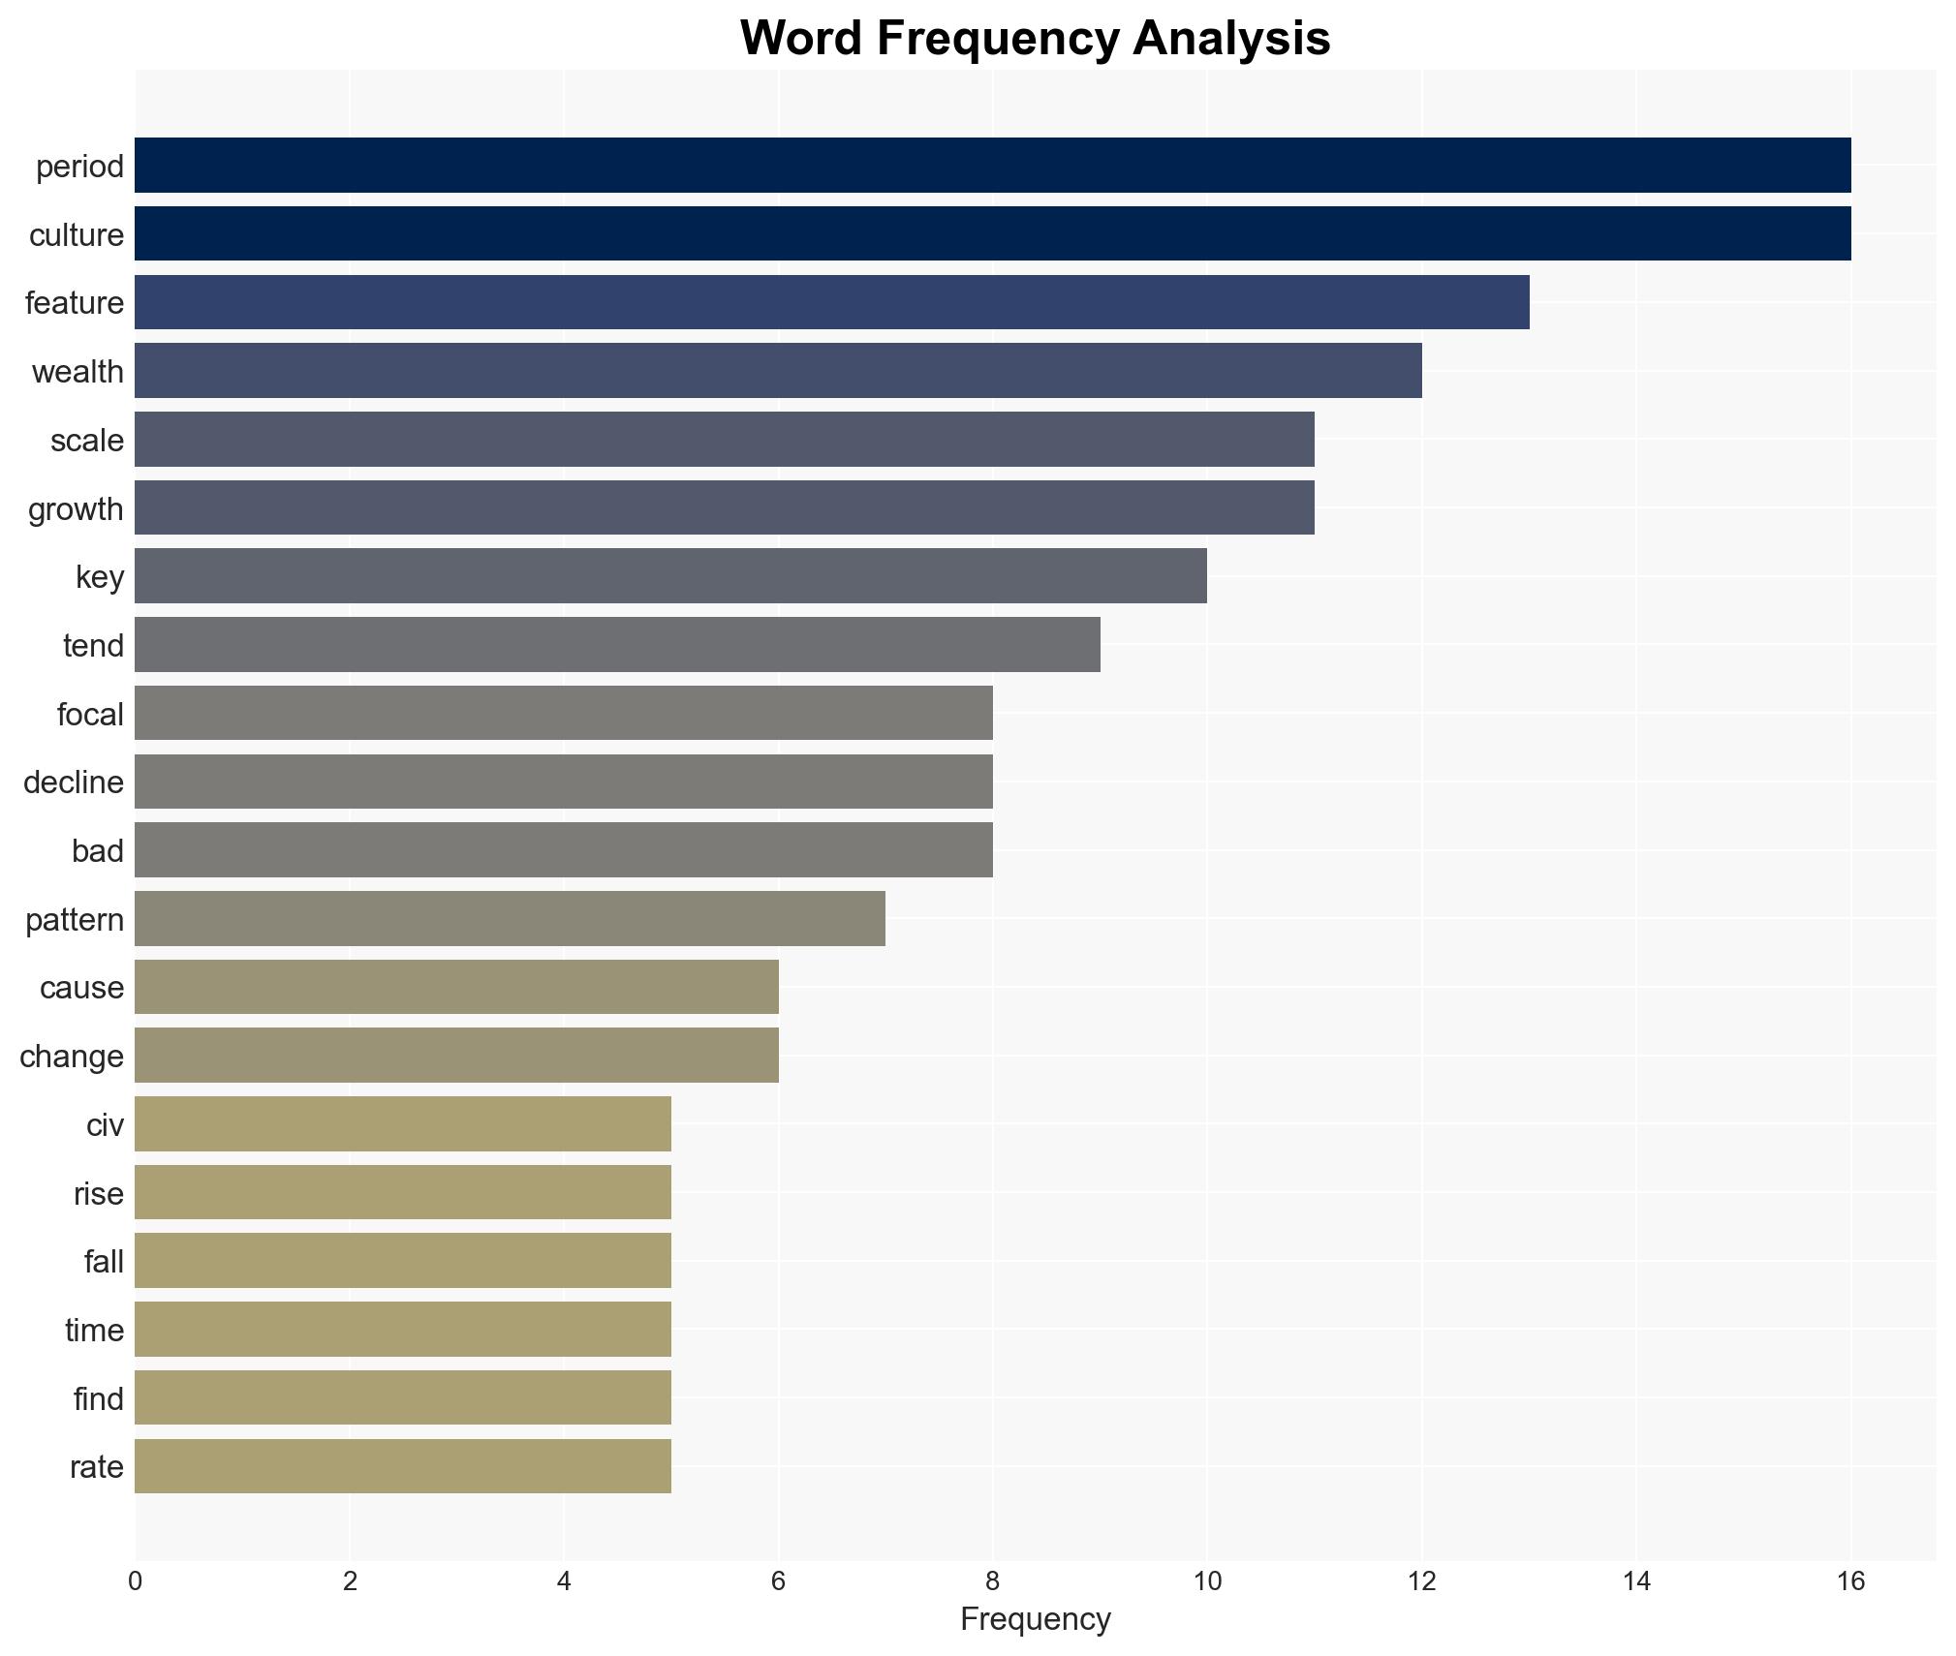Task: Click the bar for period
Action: pyautogui.click(x=992, y=166)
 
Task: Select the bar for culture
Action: pyautogui.click(x=992, y=233)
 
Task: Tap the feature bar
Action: pyautogui.click(x=831, y=302)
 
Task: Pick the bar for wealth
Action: pyautogui.click(x=778, y=371)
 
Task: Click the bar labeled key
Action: pyautogui.click(x=670, y=576)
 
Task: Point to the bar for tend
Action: pyautogui.click(x=617, y=645)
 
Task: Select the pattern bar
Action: pyautogui.click(x=510, y=919)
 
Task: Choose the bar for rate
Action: pyautogui.click(x=402, y=1466)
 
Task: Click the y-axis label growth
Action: pyautogui.click(x=76, y=508)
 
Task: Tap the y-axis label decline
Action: pyautogui.click(x=74, y=782)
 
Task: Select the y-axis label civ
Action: pyautogui.click(x=105, y=1124)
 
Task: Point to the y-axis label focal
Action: pyautogui.click(x=90, y=714)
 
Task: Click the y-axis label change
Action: pyautogui.click(x=72, y=1056)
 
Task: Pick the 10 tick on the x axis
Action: pyautogui.click(x=1206, y=1581)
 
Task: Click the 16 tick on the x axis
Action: pyautogui.click(x=1850, y=1581)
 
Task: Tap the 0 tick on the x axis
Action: pyautogui.click(x=135, y=1581)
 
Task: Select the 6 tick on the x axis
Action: pyautogui.click(x=778, y=1581)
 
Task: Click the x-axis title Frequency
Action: pyautogui.click(x=1035, y=1619)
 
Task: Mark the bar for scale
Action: pyautogui.click(x=725, y=440)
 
